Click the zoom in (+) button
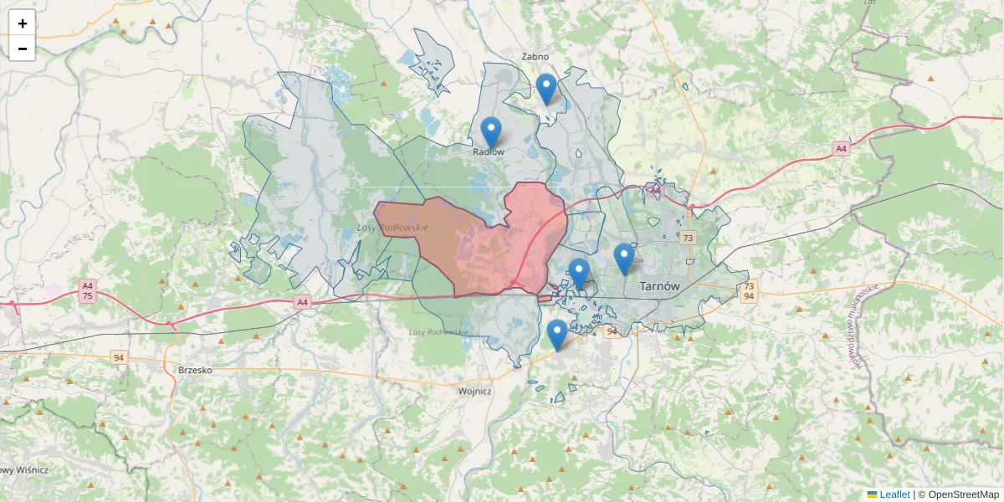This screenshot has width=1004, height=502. [23, 23]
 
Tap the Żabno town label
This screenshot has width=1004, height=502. [535, 57]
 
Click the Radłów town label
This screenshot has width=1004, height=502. [489, 152]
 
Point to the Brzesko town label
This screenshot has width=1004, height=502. [195, 369]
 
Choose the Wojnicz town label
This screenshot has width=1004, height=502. [474, 391]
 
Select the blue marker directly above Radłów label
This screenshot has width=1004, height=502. [491, 132]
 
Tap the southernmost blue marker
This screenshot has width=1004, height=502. [557, 335]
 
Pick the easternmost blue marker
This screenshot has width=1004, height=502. [623, 259]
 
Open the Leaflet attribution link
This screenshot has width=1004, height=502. [894, 494]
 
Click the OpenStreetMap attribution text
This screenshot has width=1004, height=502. [963, 494]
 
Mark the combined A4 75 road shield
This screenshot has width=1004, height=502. [87, 290]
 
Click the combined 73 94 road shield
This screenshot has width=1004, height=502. [749, 290]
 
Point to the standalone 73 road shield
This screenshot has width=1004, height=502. [688, 238]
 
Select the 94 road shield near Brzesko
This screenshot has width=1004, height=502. [119, 357]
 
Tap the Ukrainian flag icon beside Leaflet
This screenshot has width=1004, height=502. [872, 494]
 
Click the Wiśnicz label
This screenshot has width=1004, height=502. [25, 470]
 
